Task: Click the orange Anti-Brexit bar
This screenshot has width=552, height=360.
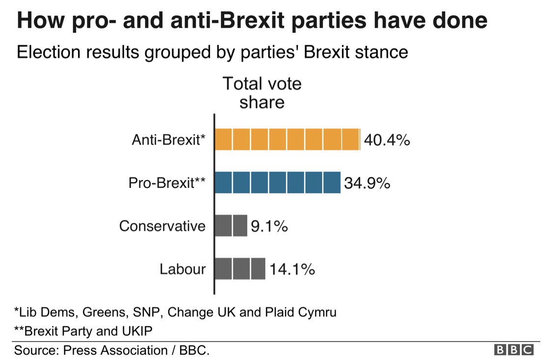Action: [x=287, y=140]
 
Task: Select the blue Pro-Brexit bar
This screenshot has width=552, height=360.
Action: [x=277, y=182]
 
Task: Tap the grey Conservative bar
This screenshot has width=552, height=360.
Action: [x=231, y=226]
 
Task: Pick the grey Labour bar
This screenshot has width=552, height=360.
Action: [x=239, y=269]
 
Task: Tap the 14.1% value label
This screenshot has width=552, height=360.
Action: [x=291, y=269]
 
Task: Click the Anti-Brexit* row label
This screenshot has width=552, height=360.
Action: [x=168, y=140]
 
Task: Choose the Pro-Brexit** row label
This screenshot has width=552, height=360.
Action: [x=167, y=183]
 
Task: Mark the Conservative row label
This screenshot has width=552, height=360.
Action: [x=162, y=226]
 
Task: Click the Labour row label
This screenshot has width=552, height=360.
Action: [x=183, y=269]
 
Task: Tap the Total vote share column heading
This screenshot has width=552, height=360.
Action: [x=262, y=93]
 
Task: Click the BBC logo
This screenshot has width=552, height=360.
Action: [x=514, y=350]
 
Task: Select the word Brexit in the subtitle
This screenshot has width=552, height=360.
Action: [x=327, y=51]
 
